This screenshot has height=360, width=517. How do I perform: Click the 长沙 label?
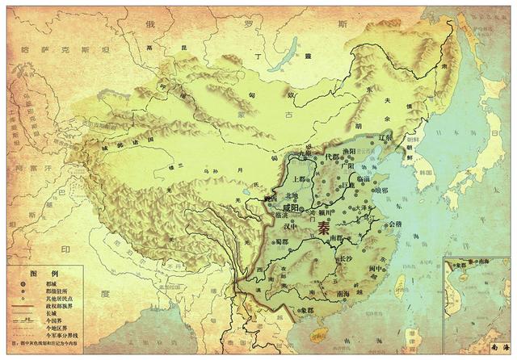click(345, 258)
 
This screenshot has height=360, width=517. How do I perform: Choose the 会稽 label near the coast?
click(395, 224)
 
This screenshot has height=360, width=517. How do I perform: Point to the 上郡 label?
click(301, 179)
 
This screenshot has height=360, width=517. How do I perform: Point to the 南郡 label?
click(332, 239)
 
